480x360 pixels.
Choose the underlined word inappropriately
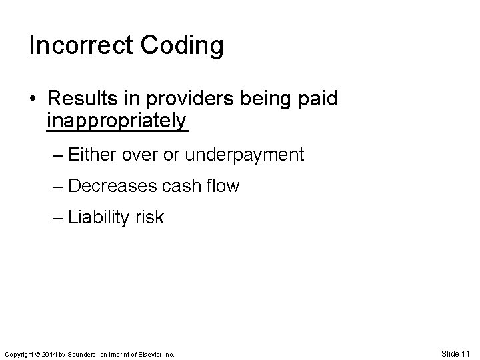click(x=117, y=121)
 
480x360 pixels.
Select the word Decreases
click(x=113, y=186)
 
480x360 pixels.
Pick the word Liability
click(x=99, y=217)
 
